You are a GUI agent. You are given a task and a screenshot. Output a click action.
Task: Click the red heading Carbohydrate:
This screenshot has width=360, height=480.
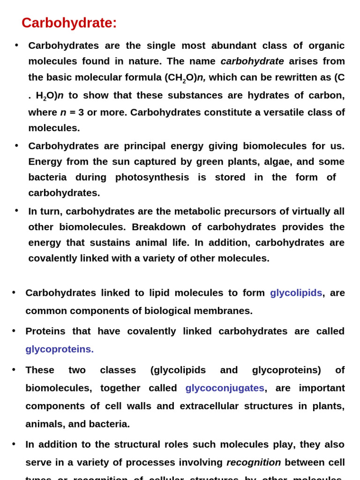click(69, 23)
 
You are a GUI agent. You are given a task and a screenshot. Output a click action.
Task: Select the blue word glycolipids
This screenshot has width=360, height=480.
click(296, 293)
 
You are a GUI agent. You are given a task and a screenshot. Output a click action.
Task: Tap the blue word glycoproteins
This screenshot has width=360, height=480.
click(60, 349)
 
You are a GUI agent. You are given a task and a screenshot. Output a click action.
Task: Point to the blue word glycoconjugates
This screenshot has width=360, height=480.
click(225, 388)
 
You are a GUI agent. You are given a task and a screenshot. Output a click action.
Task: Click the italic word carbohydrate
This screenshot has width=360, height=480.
click(252, 61)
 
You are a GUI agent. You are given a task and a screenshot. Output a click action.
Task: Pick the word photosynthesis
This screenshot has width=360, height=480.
click(152, 177)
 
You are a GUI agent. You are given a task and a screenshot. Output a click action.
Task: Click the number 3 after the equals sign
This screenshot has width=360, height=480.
click(81, 112)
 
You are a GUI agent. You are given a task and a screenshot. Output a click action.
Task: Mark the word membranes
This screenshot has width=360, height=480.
click(222, 311)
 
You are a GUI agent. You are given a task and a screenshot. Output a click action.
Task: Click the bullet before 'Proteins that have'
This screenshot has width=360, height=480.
click(14, 330)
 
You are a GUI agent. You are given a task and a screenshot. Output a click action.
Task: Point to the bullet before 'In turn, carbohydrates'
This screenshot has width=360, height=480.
click(16, 210)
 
